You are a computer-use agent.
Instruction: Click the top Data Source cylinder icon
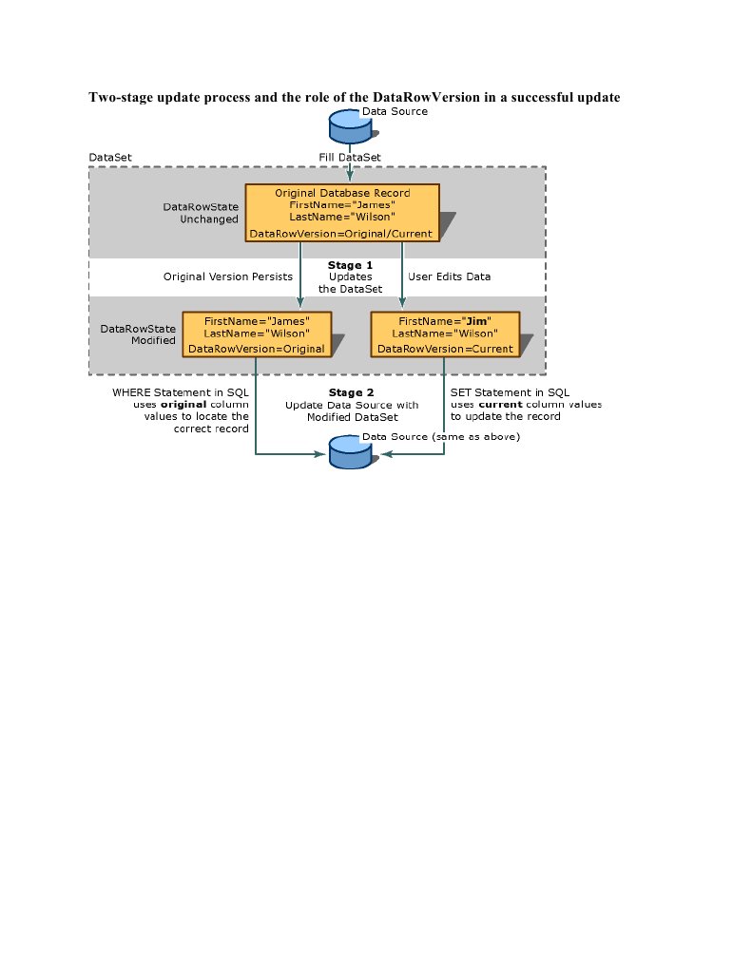point(350,126)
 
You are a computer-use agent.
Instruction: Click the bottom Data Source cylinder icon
point(350,452)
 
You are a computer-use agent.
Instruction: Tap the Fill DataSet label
point(350,158)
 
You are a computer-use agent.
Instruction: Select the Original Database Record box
point(342,213)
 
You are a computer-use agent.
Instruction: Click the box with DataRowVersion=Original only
point(257,334)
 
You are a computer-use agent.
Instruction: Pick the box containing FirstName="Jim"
point(445,334)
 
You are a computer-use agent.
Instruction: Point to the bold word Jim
point(476,321)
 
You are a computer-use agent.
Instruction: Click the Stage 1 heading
point(350,265)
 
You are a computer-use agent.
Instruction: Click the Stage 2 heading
point(351,392)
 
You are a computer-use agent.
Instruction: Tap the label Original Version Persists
point(228,276)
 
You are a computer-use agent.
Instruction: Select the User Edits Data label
point(450,276)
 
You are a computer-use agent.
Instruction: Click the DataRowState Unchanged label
point(201,213)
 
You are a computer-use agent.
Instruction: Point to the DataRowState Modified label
point(138,334)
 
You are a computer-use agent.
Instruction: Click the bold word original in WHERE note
point(183,404)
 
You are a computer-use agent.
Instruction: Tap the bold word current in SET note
point(501,404)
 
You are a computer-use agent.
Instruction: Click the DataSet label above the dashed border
point(110,158)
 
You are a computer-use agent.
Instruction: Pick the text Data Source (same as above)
point(441,436)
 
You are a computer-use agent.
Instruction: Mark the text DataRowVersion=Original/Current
point(340,234)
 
